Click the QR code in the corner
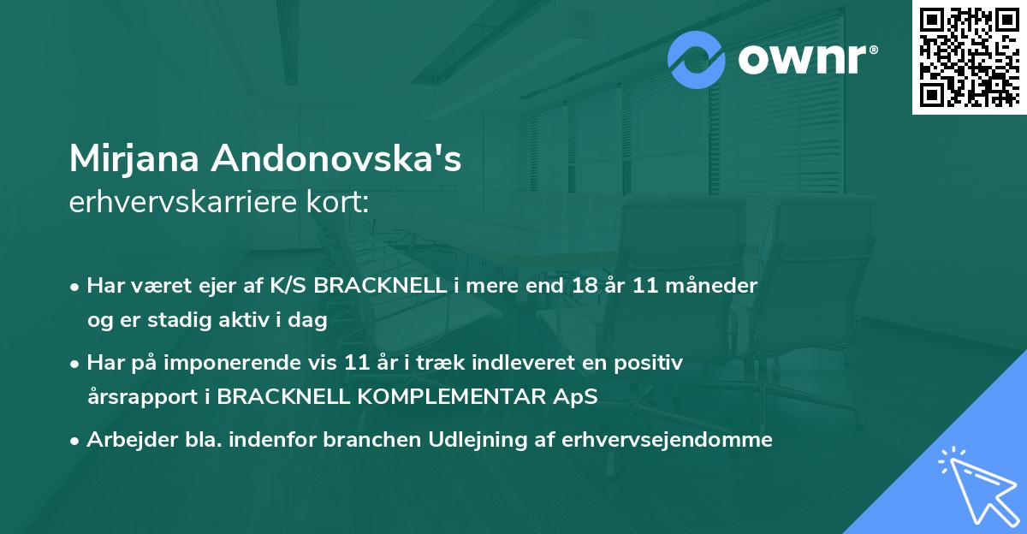click(x=970, y=57)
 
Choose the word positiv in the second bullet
click(x=650, y=363)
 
